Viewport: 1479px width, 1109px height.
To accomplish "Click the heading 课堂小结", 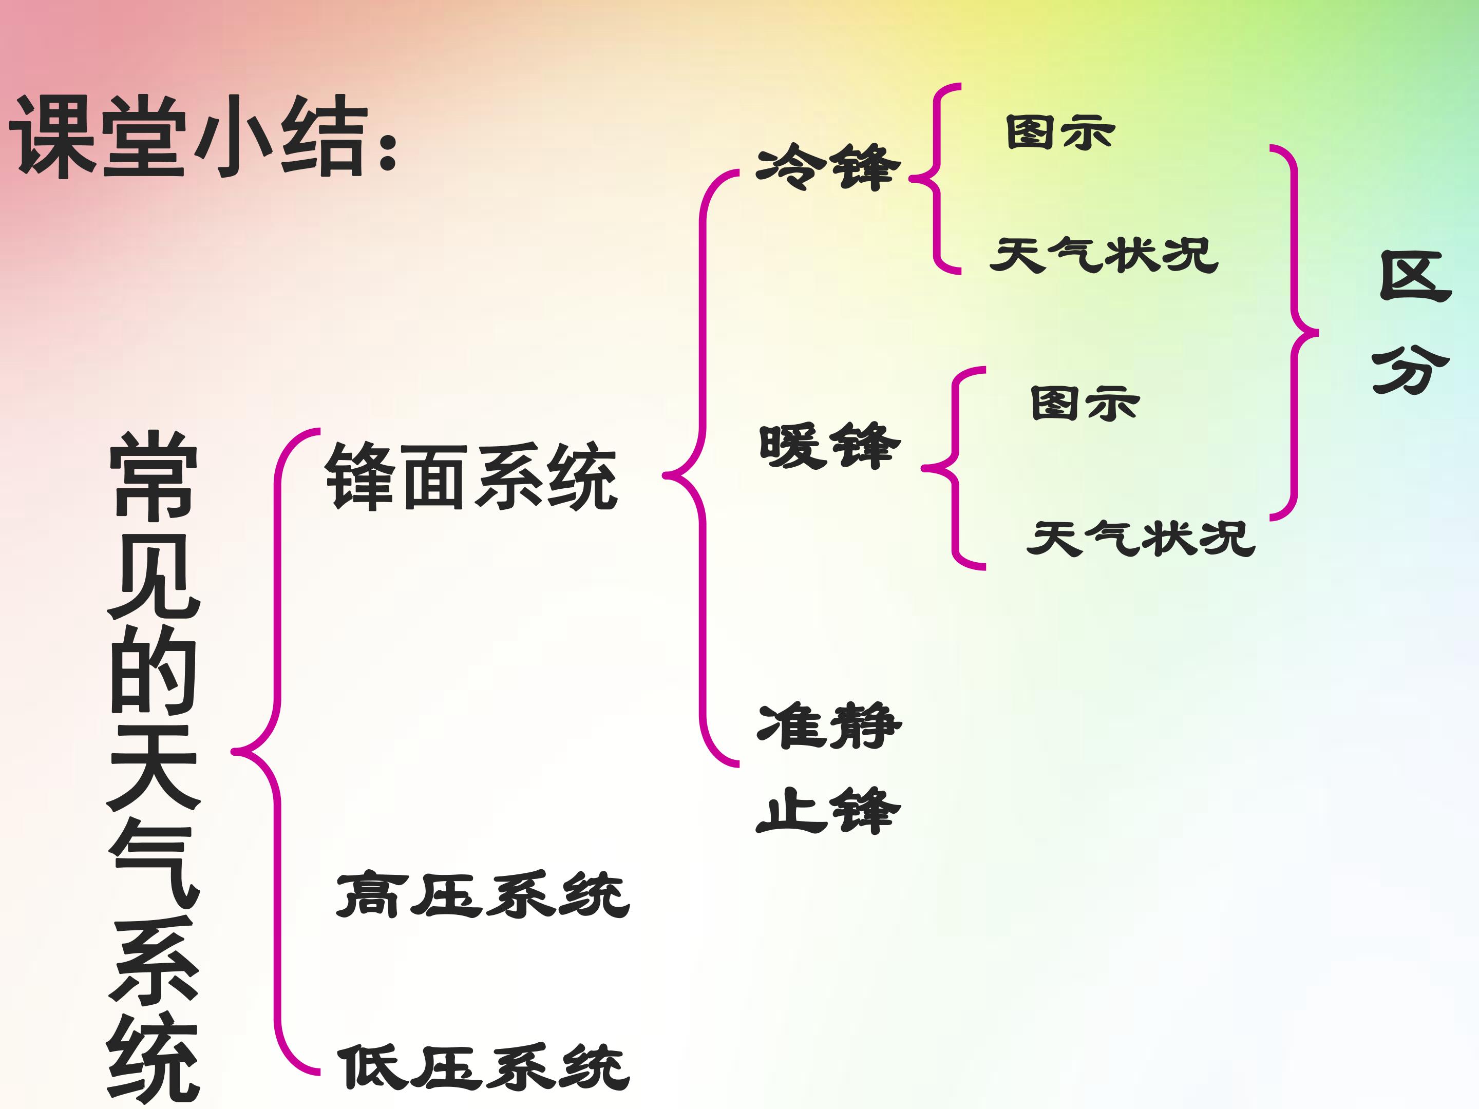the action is [x=190, y=137].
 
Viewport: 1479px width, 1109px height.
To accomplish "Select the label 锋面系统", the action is [x=471, y=476].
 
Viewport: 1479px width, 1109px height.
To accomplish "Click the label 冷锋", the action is [x=828, y=166].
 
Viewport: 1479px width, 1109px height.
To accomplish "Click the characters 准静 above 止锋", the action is [x=829, y=725].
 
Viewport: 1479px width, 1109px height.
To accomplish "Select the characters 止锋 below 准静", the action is [x=828, y=810].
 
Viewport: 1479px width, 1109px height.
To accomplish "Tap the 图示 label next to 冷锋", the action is [x=1060, y=132].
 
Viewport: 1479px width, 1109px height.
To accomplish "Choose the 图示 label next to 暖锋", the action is [x=1085, y=404].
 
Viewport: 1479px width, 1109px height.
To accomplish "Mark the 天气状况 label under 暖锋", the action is [x=1141, y=538].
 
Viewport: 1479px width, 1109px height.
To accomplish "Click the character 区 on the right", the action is [x=1415, y=277].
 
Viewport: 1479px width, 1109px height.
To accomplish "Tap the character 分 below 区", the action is [x=1411, y=370].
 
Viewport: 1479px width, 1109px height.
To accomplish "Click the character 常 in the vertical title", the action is [x=154, y=474].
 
